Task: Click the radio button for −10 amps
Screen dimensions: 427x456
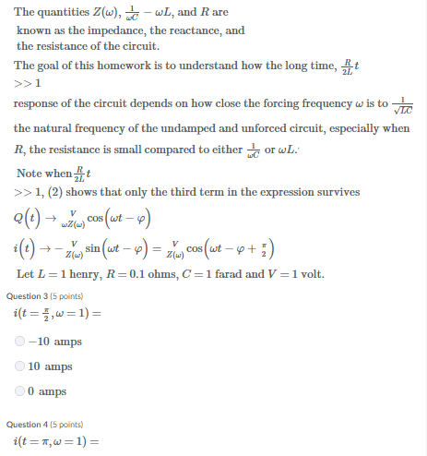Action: coord(21,342)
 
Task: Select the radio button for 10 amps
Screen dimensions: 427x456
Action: coord(21,366)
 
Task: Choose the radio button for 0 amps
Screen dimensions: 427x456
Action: coord(21,391)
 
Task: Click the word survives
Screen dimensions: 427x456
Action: coord(336,192)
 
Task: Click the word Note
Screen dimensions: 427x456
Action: coord(30,174)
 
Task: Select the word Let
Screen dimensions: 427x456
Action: coord(26,275)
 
